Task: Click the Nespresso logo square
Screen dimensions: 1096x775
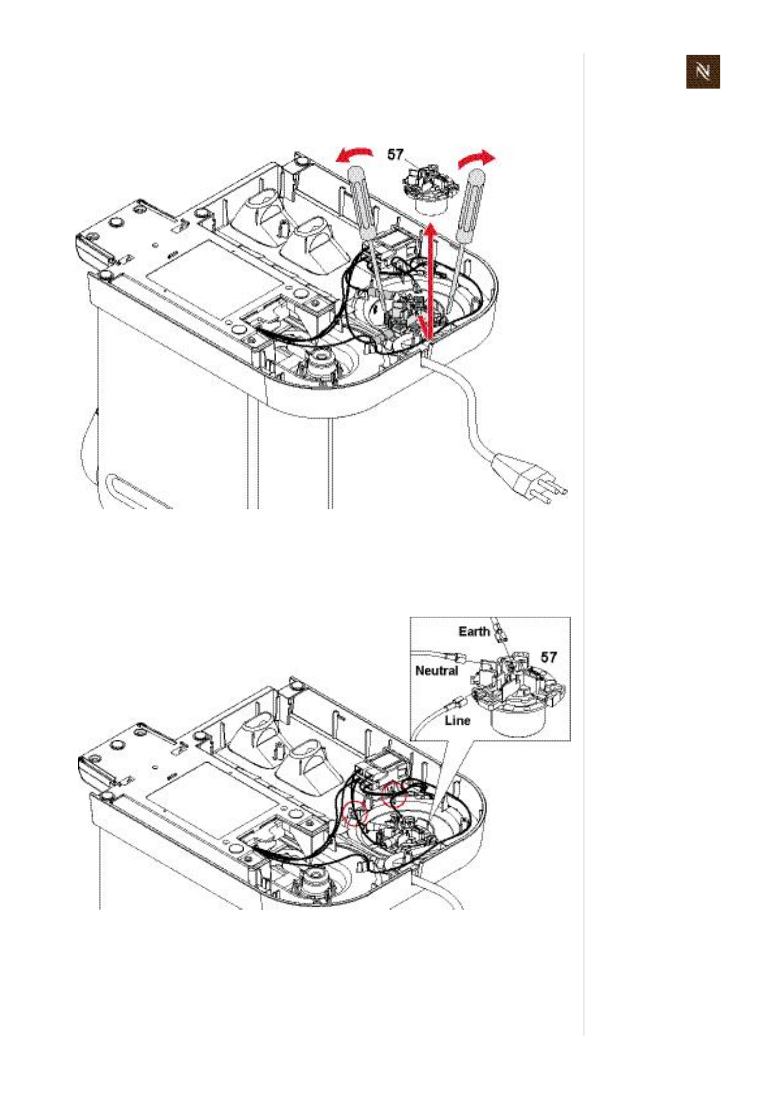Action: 703,72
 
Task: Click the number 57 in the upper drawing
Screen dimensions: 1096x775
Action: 396,154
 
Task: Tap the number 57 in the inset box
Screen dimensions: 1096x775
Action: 548,657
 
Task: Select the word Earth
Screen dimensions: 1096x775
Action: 473,631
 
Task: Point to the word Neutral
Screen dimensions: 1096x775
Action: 436,670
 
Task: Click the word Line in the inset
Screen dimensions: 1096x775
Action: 457,720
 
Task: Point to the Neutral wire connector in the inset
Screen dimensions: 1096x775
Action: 456,656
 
